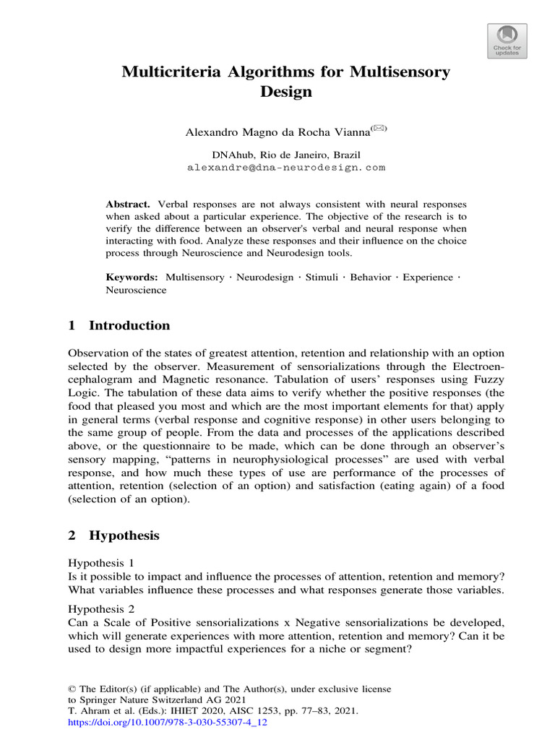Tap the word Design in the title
(x=285, y=92)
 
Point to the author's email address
(x=286, y=167)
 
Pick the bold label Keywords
(x=132, y=277)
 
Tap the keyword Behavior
(x=371, y=277)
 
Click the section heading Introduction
(x=129, y=325)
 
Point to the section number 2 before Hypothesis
(x=72, y=535)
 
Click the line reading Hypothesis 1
(x=101, y=562)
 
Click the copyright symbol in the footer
(x=72, y=689)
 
